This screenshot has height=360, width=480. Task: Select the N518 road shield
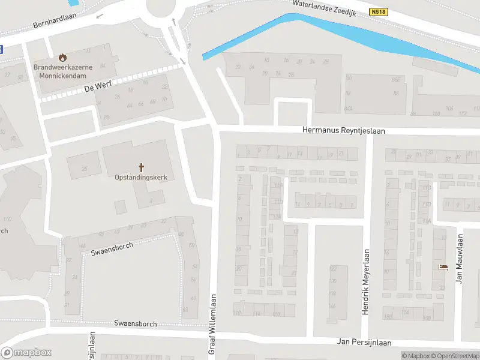(x=379, y=11)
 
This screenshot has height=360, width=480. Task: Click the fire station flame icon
(x=62, y=57)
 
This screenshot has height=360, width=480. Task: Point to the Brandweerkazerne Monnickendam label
(x=62, y=72)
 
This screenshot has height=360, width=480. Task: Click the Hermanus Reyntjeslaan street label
(x=344, y=130)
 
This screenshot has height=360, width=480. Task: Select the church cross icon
(x=142, y=167)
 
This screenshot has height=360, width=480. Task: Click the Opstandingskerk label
(x=142, y=178)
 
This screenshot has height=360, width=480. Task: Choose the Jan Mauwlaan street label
(x=460, y=258)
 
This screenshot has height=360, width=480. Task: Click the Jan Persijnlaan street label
(x=364, y=343)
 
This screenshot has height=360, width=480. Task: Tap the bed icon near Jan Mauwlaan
(x=443, y=266)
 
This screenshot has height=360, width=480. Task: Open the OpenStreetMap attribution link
(x=454, y=356)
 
